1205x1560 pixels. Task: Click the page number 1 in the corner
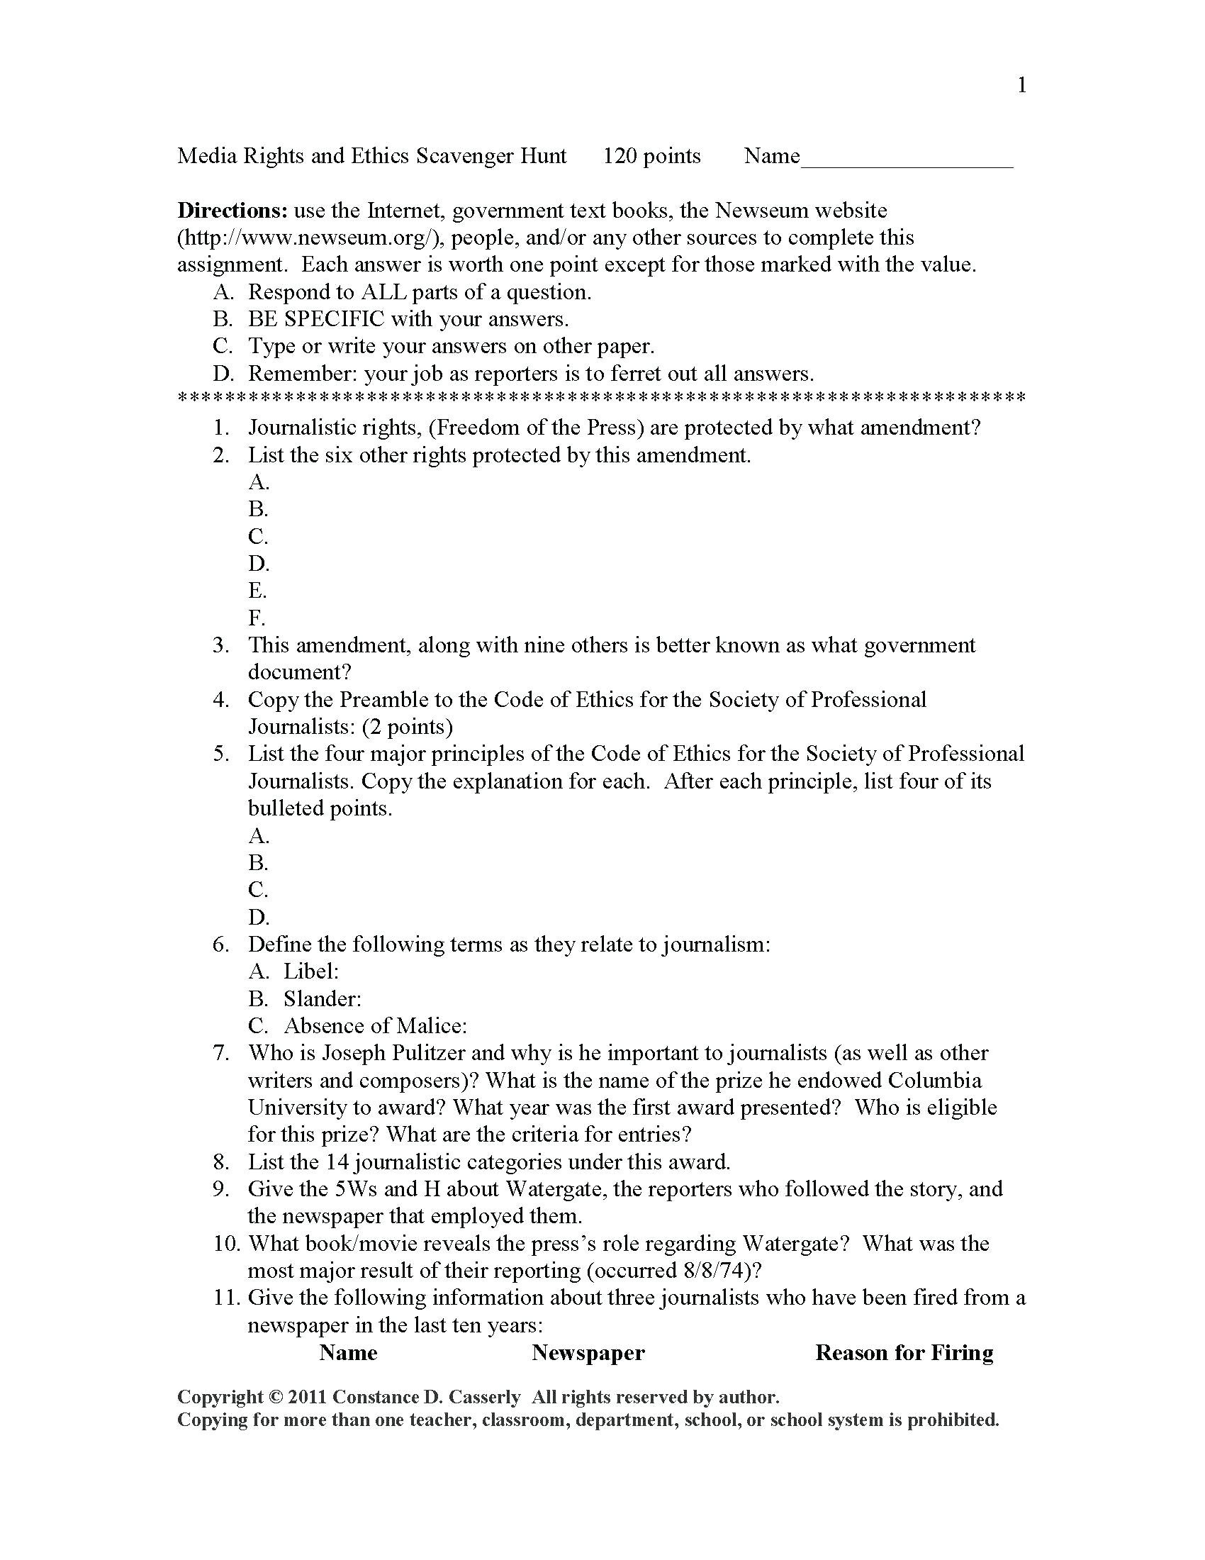pyautogui.click(x=1021, y=86)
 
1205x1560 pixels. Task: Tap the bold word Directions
pyautogui.click(x=232, y=211)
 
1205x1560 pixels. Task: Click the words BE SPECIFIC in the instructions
pyautogui.click(x=315, y=319)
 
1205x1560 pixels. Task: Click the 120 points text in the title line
pyautogui.click(x=651, y=157)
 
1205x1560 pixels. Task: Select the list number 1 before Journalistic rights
pyautogui.click(x=221, y=428)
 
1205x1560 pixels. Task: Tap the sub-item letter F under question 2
pyautogui.click(x=257, y=618)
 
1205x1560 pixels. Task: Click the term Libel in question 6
pyautogui.click(x=310, y=971)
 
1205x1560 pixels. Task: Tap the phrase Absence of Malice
pyautogui.click(x=375, y=1026)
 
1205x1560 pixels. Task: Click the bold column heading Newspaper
pyautogui.click(x=588, y=1353)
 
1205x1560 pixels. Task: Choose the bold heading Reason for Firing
pyautogui.click(x=904, y=1353)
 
